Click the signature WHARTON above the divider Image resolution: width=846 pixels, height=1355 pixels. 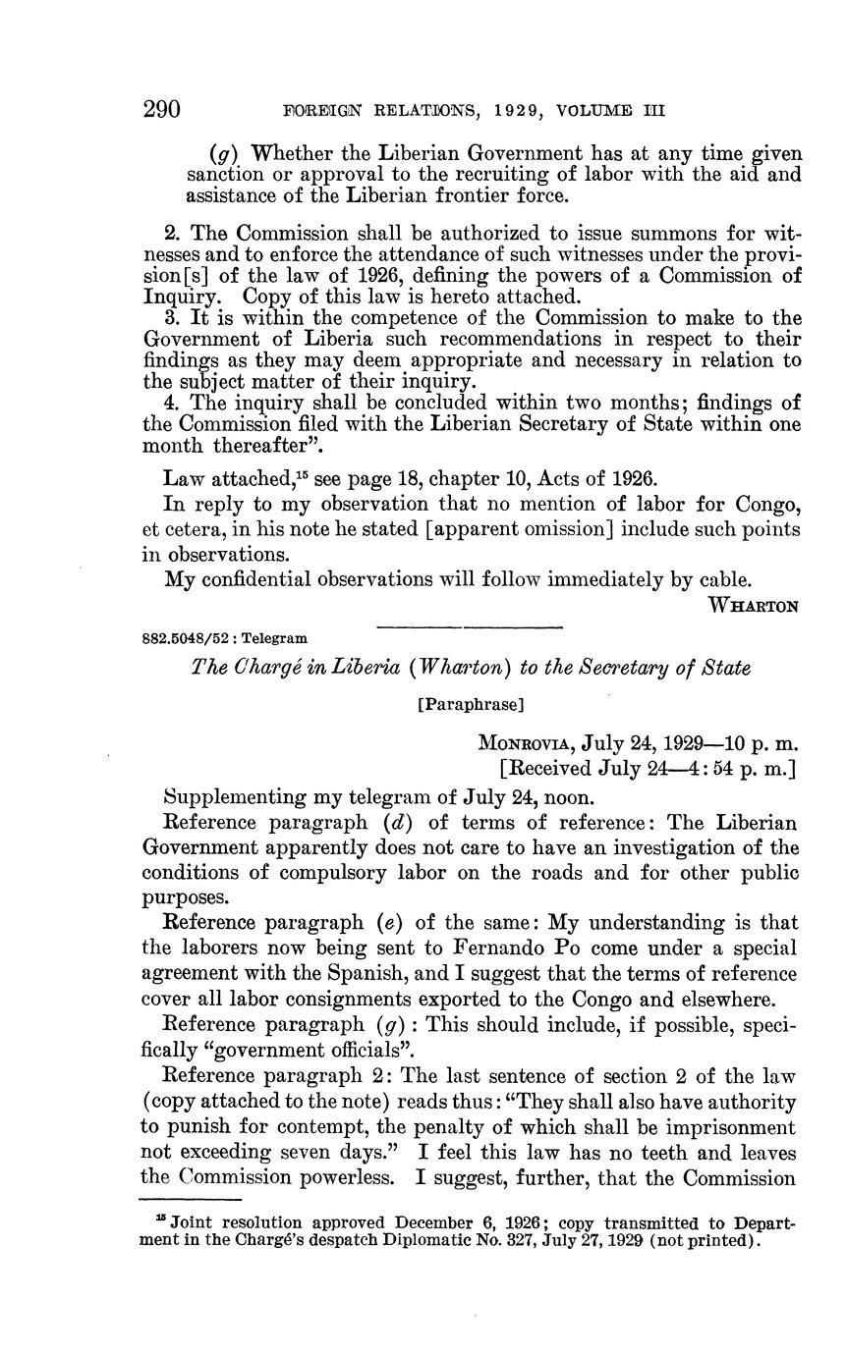(754, 605)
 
